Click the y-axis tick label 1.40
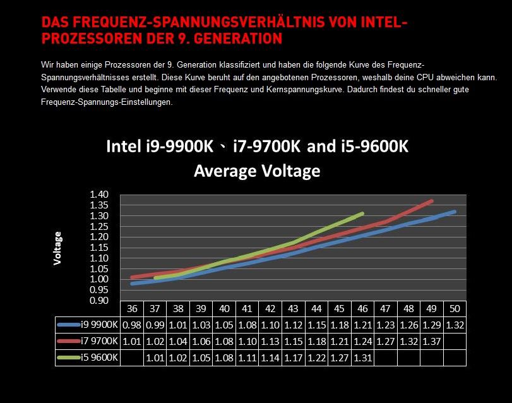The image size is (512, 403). click(x=100, y=195)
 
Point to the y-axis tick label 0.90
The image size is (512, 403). click(x=100, y=301)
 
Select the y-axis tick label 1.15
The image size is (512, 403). click(x=100, y=248)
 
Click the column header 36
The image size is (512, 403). click(x=132, y=309)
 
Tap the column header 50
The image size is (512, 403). click(x=455, y=309)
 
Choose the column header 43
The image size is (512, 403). click(x=294, y=309)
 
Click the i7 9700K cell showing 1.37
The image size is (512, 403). click(x=432, y=342)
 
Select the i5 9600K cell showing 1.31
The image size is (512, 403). click(x=362, y=358)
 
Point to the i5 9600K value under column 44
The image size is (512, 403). click(x=316, y=358)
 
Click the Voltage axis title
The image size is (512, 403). click(x=58, y=248)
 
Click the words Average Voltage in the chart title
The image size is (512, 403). click(x=257, y=171)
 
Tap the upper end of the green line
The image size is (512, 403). click(x=363, y=214)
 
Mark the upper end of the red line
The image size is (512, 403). click(x=432, y=201)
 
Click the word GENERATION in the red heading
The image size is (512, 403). click(x=237, y=39)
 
